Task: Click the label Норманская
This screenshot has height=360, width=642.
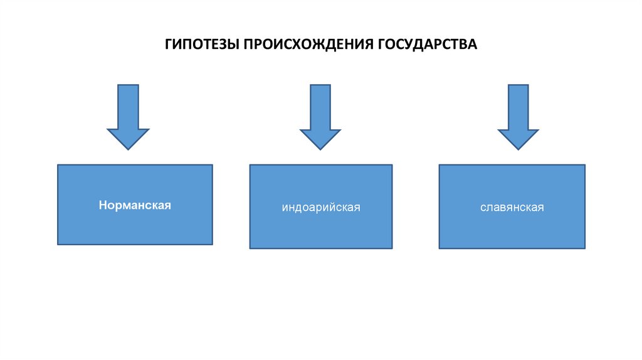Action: (134, 205)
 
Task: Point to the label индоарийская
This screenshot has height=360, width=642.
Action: (321, 207)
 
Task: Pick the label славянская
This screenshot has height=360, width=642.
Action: (512, 207)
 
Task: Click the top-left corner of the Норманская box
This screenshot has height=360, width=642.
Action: (58, 165)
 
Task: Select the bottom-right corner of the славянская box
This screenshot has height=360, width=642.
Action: (585, 248)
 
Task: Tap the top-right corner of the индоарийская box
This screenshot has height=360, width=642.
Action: (392, 165)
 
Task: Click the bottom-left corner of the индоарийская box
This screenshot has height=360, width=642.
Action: (250, 248)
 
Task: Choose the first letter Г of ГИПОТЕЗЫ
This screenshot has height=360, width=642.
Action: (169, 45)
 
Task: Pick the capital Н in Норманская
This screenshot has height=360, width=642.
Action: (101, 205)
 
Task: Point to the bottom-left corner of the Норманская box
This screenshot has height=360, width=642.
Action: (58, 244)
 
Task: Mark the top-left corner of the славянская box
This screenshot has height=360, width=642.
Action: (439, 165)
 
